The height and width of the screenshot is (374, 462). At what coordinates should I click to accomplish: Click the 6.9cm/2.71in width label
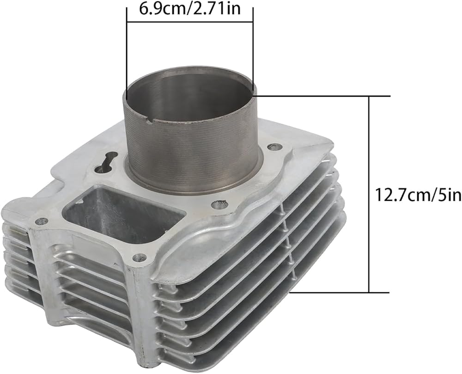pyautogui.click(x=190, y=9)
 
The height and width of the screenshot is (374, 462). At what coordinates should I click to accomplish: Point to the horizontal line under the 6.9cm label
pyautogui.click(x=190, y=22)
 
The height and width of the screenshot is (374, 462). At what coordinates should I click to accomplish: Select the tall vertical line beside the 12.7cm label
pyautogui.click(x=369, y=194)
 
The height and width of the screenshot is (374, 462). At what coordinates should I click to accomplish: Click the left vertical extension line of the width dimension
pyautogui.click(x=127, y=54)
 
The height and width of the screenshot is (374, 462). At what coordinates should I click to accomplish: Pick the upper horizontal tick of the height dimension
pyautogui.click(x=323, y=96)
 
